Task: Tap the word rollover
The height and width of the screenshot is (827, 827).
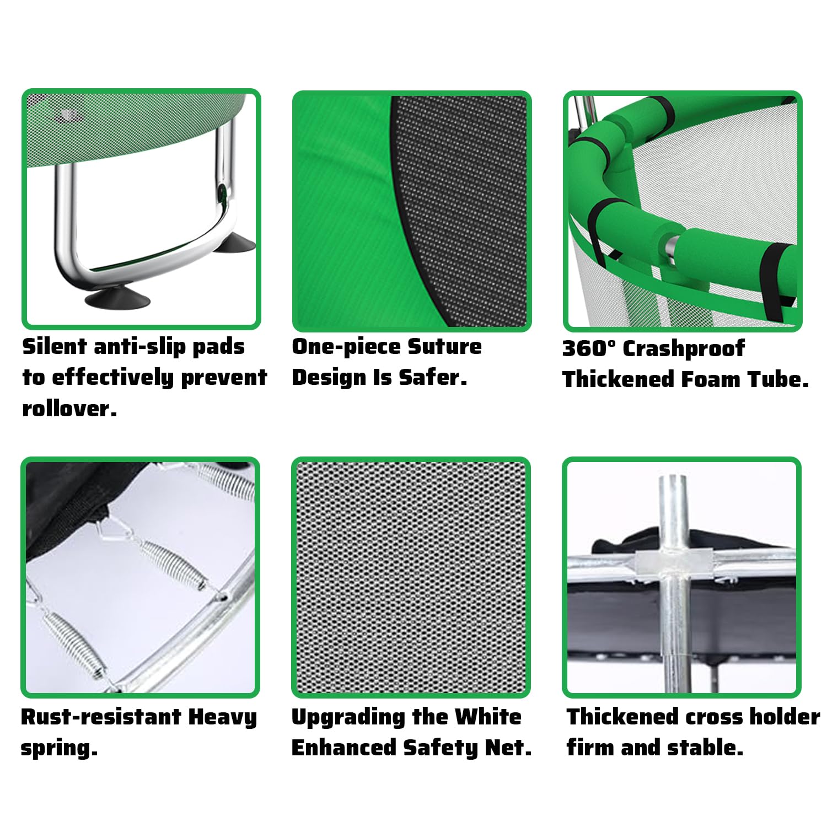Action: (69, 409)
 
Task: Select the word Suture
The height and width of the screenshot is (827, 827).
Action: (444, 346)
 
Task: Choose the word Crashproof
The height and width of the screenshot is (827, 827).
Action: (684, 348)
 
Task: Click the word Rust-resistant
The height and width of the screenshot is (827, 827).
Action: (101, 717)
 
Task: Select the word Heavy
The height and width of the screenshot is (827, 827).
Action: (223, 718)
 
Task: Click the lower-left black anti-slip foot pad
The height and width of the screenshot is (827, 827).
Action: (116, 299)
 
